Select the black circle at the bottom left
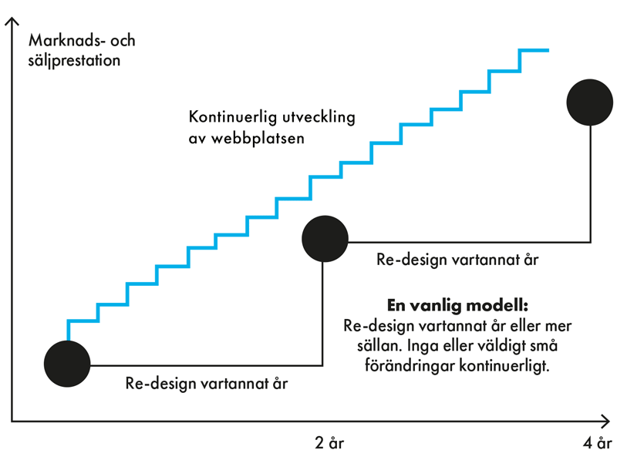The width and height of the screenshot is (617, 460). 68,363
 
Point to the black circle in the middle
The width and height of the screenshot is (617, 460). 325,239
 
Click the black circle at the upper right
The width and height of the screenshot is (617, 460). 589,102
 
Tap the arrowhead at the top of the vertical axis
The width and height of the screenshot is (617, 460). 12,22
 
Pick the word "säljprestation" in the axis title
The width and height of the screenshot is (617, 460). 73,59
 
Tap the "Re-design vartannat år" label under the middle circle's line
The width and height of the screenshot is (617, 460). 457,260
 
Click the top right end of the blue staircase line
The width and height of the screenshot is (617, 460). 547,51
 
